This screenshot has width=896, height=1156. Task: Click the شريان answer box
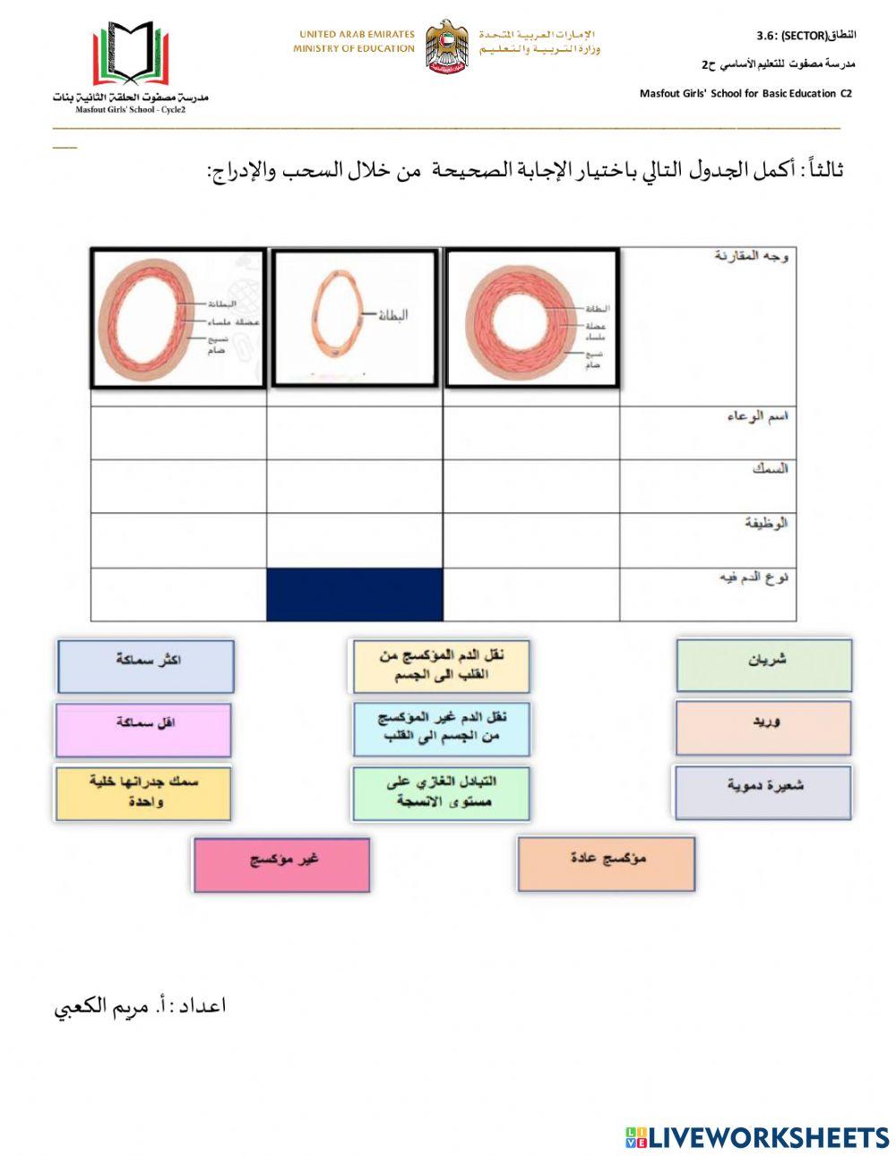tap(763, 664)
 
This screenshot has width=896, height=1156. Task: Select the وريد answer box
tap(762, 727)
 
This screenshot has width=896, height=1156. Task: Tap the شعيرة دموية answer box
tap(762, 792)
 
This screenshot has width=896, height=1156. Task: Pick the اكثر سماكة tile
tap(145, 665)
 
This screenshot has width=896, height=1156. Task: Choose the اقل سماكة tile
tap(143, 729)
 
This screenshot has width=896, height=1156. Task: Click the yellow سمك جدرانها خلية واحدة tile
tap(143, 792)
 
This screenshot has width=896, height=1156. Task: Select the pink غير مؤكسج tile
tap(281, 864)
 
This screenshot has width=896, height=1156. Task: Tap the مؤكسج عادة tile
tap(606, 863)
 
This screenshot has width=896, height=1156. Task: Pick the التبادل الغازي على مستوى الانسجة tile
tap(440, 792)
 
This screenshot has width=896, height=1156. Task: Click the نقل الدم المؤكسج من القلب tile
tap(440, 665)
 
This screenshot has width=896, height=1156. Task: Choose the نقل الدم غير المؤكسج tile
tap(441, 728)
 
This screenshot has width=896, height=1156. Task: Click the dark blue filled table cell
tap(355, 595)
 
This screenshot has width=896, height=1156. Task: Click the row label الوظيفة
tap(765, 522)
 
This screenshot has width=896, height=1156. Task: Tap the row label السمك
tap(770, 468)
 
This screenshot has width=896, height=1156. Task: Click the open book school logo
tap(131, 56)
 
